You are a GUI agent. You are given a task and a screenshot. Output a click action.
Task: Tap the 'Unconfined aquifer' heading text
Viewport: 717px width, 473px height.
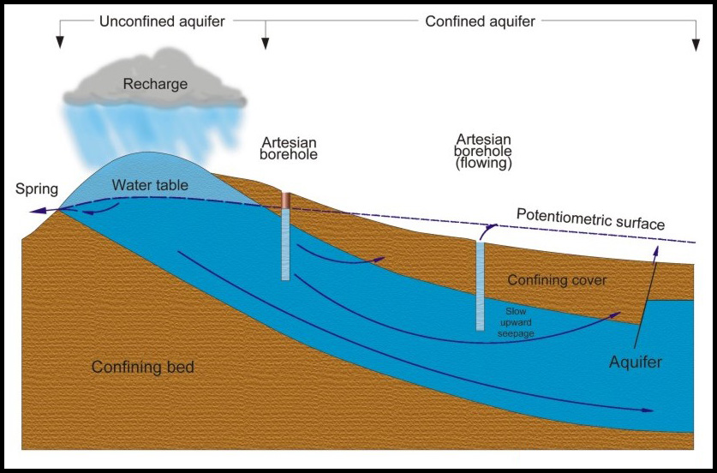[162, 21]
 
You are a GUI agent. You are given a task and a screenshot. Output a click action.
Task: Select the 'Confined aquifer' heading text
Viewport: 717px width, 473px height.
[480, 21]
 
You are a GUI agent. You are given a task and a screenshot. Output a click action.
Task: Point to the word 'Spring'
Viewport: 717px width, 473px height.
[37, 189]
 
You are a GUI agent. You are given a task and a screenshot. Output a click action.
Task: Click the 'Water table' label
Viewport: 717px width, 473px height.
[150, 185]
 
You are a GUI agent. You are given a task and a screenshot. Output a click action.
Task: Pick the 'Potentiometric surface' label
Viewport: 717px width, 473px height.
[590, 219]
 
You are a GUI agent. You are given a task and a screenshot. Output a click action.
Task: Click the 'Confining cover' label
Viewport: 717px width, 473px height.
[557, 280]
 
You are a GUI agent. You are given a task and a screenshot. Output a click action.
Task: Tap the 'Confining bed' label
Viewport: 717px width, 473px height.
[143, 367]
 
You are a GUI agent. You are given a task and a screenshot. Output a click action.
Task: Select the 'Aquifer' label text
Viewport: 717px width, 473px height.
[636, 362]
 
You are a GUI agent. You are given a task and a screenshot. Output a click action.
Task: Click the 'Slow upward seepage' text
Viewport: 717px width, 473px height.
[516, 322]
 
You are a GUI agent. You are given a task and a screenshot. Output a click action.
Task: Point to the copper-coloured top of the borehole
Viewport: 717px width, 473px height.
[286, 201]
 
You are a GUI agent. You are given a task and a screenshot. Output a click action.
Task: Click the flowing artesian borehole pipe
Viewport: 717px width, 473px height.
[480, 286]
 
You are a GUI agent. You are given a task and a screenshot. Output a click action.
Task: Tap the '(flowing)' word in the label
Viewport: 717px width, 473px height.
[484, 164]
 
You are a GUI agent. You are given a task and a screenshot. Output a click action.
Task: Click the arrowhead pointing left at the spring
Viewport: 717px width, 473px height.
[38, 211]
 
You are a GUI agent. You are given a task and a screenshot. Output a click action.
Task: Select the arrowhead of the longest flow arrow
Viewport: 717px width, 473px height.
[648, 410]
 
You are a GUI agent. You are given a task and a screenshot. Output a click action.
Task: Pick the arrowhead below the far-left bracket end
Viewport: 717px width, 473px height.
[59, 43]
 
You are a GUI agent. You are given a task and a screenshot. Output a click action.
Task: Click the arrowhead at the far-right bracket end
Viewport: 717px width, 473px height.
[696, 45]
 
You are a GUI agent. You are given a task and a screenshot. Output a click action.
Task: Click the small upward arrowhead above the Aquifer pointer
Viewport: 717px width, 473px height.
[657, 249]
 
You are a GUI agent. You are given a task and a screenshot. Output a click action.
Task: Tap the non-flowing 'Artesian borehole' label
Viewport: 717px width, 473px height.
[289, 147]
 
